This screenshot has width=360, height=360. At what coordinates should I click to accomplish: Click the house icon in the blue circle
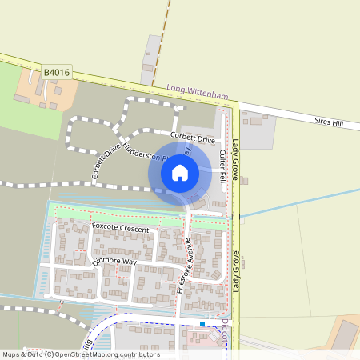click(179, 172)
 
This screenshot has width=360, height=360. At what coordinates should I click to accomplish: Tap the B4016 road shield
click(58, 73)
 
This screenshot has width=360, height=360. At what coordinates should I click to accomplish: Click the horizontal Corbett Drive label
click(194, 138)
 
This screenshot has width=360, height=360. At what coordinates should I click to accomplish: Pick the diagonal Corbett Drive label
click(105, 159)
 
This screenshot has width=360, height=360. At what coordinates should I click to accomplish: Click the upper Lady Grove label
click(236, 159)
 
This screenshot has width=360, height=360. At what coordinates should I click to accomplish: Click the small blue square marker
click(202, 324)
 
